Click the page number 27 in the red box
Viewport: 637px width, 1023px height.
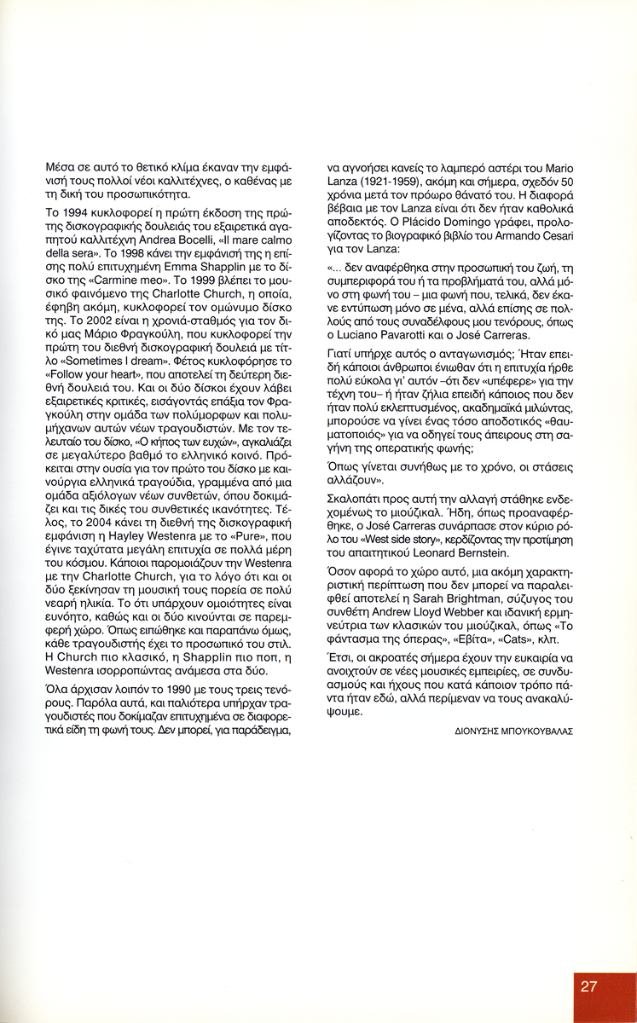coord(588,987)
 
